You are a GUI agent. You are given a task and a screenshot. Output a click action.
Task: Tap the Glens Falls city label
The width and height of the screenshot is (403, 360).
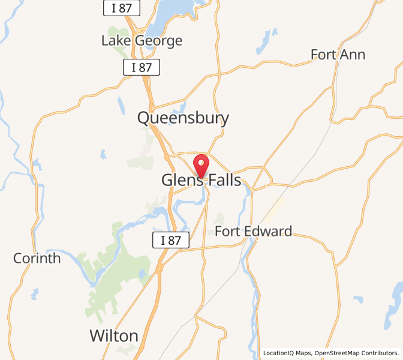click(201, 180)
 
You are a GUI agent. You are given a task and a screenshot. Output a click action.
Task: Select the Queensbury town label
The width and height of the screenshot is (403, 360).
click(183, 118)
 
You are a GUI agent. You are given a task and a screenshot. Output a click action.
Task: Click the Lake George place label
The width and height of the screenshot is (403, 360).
click(142, 41)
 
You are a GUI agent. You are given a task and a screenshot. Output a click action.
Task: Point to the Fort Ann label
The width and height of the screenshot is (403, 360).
click(338, 55)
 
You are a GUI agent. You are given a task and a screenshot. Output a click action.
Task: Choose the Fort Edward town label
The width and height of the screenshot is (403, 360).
click(253, 231)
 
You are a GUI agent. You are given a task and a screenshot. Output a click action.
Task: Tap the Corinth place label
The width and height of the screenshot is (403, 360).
click(37, 258)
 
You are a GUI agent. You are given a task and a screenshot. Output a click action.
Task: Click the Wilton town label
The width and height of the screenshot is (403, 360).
click(114, 335)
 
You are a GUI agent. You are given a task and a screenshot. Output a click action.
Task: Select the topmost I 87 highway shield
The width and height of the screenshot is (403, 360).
click(122, 8)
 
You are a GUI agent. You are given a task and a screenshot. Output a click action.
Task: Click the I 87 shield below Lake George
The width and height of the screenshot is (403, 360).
click(142, 67)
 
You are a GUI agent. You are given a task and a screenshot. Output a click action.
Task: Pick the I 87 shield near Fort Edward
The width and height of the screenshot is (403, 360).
click(171, 240)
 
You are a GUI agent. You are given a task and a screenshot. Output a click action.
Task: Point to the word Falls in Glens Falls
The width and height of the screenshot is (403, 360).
click(224, 180)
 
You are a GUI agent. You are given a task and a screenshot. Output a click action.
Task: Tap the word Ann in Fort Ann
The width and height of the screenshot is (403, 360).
click(353, 55)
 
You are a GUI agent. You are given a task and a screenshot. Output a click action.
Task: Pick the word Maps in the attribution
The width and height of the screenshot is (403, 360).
click(305, 353)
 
